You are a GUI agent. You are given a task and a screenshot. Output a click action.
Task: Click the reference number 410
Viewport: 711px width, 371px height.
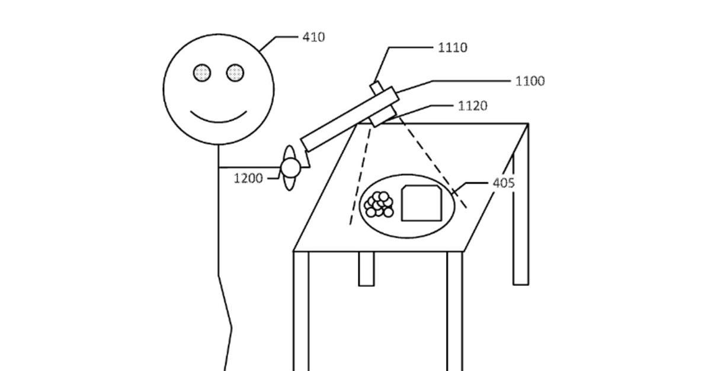click(x=313, y=37)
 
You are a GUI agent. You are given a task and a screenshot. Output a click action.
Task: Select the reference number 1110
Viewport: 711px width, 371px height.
click(x=452, y=47)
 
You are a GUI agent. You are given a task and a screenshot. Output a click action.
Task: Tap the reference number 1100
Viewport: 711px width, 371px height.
click(x=530, y=81)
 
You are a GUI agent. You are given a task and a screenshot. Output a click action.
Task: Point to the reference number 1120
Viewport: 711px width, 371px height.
click(x=473, y=106)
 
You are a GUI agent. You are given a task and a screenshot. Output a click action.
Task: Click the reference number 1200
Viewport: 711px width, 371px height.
click(x=248, y=178)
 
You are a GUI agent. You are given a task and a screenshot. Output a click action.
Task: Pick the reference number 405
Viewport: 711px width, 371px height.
click(x=504, y=183)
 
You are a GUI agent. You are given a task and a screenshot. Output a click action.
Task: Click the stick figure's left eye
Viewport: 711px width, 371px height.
click(x=202, y=73)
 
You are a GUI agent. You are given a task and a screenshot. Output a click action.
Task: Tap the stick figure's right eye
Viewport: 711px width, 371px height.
click(x=235, y=73)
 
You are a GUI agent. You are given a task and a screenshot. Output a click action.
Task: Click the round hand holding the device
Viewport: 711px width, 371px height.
click(x=290, y=168)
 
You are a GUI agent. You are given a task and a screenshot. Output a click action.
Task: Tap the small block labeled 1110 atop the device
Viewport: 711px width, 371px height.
click(x=377, y=88)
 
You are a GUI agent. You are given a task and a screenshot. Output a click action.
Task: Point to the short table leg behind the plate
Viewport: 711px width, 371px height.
click(x=366, y=269)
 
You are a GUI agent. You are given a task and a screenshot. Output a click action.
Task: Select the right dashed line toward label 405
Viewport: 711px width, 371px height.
click(x=433, y=163)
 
